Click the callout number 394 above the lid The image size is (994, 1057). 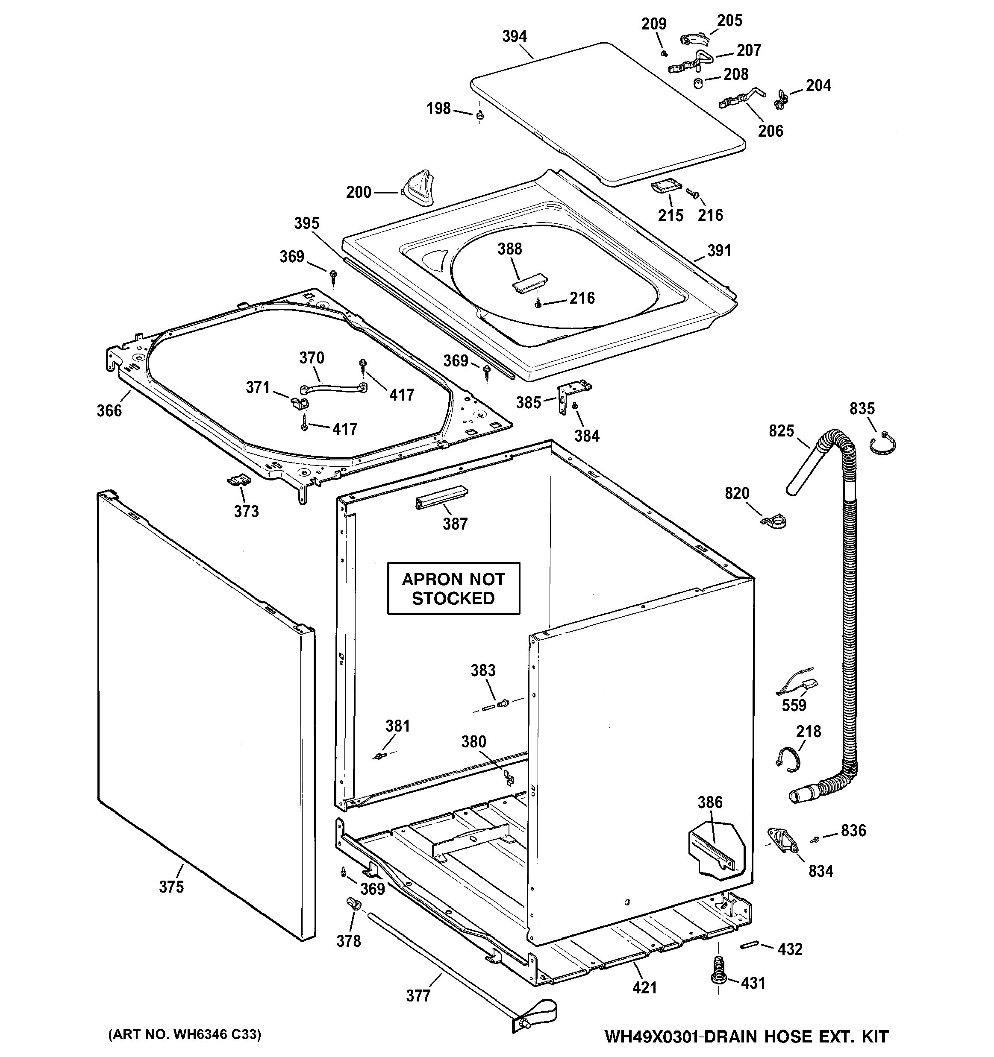[514, 36]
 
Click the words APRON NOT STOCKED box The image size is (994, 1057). [453, 589]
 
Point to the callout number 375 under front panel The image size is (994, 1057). [171, 887]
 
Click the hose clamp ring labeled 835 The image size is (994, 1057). [883, 445]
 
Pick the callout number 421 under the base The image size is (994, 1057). [644, 988]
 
